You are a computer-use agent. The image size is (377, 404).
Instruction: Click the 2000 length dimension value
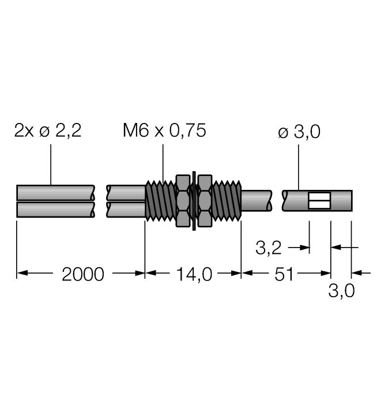click(83, 274)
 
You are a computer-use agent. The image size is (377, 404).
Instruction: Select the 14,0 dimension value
click(194, 274)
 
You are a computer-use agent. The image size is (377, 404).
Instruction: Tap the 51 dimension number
click(284, 274)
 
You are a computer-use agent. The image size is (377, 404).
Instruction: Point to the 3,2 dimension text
click(269, 248)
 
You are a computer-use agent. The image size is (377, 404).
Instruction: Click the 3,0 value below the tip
click(341, 291)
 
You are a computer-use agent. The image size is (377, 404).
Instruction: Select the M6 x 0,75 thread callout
click(164, 130)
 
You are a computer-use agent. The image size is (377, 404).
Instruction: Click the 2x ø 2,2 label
click(48, 130)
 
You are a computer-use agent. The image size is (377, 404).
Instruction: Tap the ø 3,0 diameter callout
click(299, 132)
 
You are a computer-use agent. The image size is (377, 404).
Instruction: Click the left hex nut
click(183, 201)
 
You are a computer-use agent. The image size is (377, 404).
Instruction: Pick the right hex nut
click(205, 201)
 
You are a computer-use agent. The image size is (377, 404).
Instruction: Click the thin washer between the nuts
click(194, 201)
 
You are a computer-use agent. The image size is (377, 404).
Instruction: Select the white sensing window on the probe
click(319, 201)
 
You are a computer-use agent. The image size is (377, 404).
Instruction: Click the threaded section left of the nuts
click(160, 201)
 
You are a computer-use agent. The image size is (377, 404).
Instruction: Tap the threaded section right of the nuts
click(227, 201)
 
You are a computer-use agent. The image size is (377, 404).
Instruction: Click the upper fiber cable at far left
click(55, 193)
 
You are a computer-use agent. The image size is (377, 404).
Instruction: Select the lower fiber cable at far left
click(55, 209)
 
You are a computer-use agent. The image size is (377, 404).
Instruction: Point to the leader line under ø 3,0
click(299, 167)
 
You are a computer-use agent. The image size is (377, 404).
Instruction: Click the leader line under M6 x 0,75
click(163, 163)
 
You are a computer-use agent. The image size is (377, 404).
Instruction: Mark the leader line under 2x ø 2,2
click(51, 164)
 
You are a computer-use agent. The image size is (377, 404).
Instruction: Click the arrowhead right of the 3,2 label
click(304, 248)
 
